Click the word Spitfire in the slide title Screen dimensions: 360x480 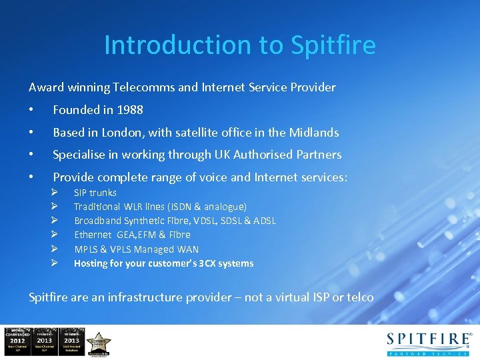coord(333,45)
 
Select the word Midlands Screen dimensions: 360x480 coord(314,133)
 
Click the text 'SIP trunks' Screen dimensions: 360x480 coord(95,193)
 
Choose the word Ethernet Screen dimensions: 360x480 coord(93,235)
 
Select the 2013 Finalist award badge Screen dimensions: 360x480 coord(44,341)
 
